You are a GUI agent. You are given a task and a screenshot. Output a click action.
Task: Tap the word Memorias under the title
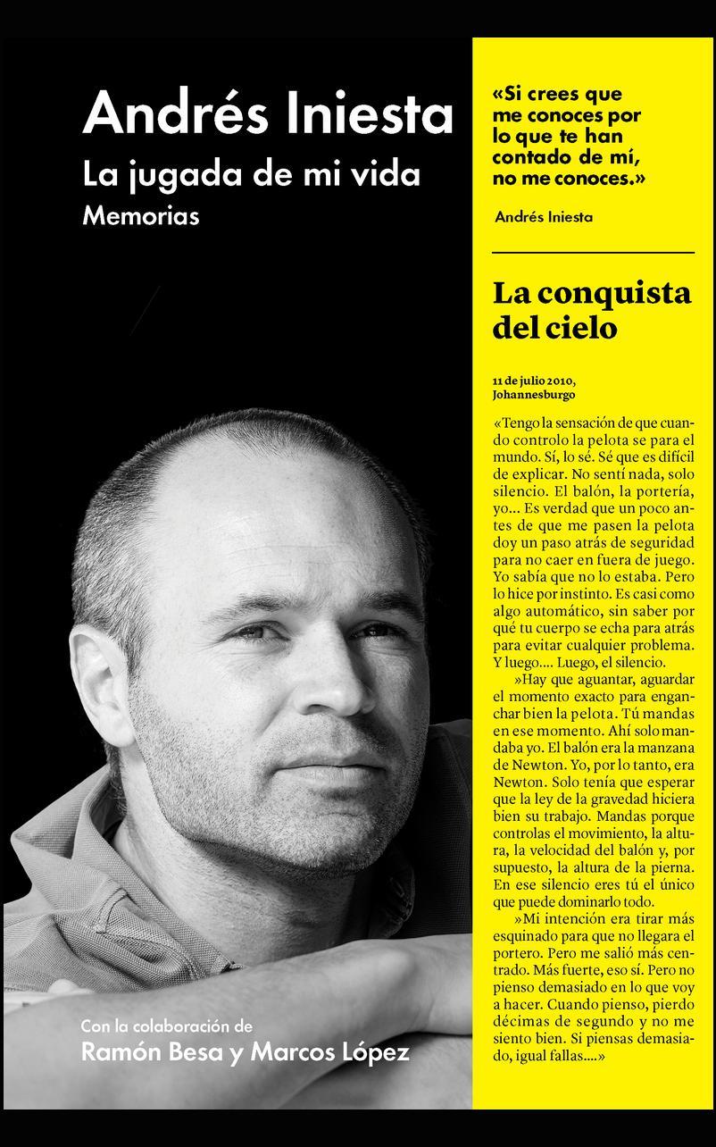(141, 216)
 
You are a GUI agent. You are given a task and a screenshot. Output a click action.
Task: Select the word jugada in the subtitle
(174, 176)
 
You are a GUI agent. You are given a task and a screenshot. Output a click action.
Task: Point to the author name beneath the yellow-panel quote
(543, 217)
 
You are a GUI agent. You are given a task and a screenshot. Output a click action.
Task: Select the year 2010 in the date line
(556, 380)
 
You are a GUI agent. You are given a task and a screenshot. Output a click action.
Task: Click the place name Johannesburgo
(533, 394)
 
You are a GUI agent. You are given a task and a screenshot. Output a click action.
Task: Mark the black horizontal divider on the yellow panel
(593, 254)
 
